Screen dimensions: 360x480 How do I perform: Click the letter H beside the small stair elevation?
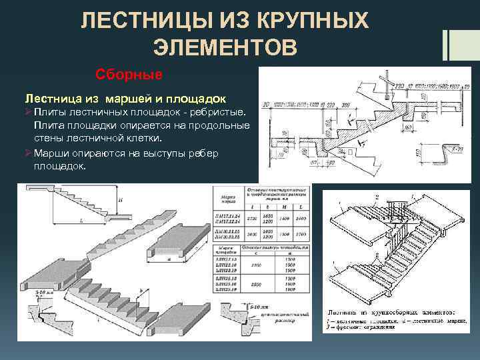point(119,199)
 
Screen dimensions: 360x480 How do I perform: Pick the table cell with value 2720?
point(251,217)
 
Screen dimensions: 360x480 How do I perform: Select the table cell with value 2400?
point(300,217)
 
